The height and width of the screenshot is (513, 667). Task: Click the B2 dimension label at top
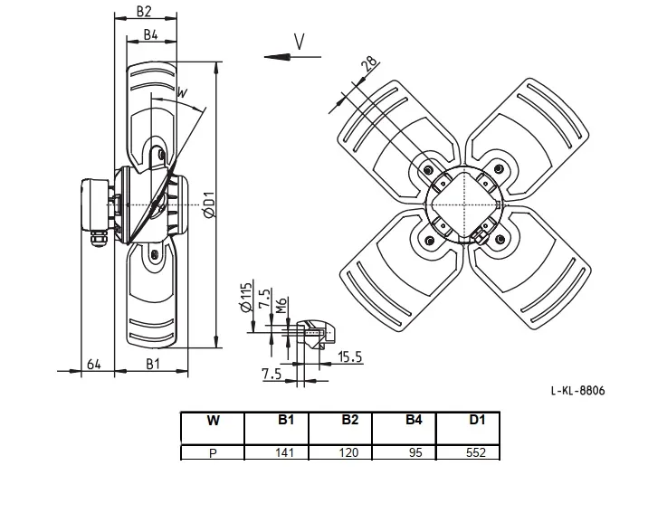point(144,11)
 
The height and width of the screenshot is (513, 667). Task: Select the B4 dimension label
point(150,35)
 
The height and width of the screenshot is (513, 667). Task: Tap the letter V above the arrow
point(300,42)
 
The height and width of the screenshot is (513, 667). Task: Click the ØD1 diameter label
point(209,205)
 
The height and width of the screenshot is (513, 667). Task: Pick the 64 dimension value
point(93,365)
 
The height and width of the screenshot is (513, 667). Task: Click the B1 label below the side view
point(153,364)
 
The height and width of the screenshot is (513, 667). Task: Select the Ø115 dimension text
point(246,297)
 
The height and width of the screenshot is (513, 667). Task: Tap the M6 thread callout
point(281,305)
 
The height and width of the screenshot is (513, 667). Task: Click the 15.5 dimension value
point(350,356)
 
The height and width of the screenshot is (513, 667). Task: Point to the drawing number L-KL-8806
point(577,391)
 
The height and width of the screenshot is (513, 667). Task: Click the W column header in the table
point(213,421)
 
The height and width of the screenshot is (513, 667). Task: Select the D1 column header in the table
point(477,420)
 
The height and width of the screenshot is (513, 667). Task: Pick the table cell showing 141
point(284,452)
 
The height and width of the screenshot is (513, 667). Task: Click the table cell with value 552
point(476,452)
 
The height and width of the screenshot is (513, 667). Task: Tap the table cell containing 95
point(415,452)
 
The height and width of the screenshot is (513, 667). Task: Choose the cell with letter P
point(213,453)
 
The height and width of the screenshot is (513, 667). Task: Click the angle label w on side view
point(182,92)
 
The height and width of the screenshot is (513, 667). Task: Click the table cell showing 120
point(348,452)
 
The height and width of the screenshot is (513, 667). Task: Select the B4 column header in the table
point(414,420)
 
